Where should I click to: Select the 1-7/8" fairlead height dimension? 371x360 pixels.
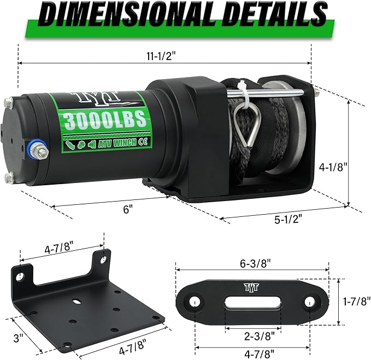click(357, 300)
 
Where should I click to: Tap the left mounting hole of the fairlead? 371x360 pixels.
click(194, 302)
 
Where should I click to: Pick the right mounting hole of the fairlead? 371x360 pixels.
click(309, 302)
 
